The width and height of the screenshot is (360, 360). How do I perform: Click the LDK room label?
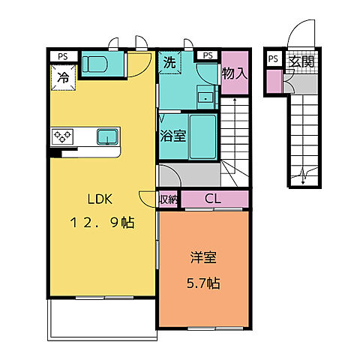coord(100,199)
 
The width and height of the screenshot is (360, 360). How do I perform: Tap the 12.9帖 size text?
coord(103,222)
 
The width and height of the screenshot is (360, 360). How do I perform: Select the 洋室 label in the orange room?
coord(203,257)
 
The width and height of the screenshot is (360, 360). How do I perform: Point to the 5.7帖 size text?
coord(203,283)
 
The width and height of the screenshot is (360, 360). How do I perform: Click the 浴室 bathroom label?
coord(172,136)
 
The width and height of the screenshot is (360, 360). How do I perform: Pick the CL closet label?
coord(213,199)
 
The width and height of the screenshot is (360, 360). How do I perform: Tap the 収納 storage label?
coord(168,199)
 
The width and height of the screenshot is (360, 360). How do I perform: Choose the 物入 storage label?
coord(235,73)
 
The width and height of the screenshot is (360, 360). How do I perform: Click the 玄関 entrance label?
coord(301,61)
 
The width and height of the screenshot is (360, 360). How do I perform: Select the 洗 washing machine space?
coord(169,62)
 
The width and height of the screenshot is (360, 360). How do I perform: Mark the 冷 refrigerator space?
coord(63,77)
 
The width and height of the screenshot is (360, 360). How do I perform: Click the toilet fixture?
coord(94,64)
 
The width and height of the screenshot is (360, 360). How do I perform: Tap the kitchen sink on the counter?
coord(107,136)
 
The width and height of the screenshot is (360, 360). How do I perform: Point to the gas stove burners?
coord(62,136)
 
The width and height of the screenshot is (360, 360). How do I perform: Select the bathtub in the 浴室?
coord(203,136)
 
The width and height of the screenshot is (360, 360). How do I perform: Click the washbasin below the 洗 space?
coord(205,97)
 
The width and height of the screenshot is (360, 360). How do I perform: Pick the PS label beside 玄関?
coord(273,58)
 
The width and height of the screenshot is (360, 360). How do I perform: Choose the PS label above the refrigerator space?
coord(63,56)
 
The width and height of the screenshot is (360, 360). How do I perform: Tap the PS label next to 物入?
coord(208,55)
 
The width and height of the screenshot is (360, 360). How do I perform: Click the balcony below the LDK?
coord(102,319)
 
